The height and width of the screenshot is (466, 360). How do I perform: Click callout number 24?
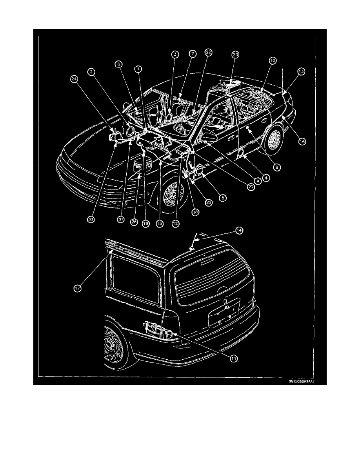tap(74, 79)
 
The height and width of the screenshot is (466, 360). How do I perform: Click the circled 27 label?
tap(251, 187)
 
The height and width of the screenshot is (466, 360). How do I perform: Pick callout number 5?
tap(223, 198)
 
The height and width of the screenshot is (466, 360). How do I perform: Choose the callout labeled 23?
tap(91, 221)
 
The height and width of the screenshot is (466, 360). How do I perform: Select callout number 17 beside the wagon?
tap(78, 288)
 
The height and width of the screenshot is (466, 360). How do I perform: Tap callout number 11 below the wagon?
tap(234, 359)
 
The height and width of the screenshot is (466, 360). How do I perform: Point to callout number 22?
tap(208, 52)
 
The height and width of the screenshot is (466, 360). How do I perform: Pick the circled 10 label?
tap(272, 61)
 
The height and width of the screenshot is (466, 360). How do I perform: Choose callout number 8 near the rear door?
tap(278, 167)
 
